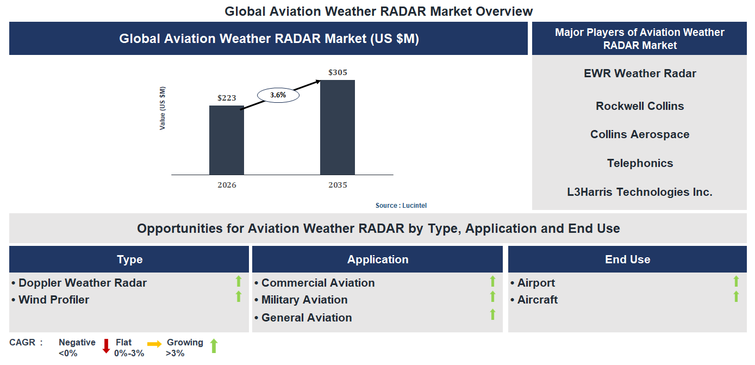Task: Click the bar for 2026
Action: click(x=226, y=140)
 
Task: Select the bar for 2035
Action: click(x=337, y=127)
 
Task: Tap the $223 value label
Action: click(x=227, y=98)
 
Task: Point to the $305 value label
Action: click(x=338, y=72)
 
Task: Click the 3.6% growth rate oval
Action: click(x=278, y=95)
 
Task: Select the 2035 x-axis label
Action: click(x=338, y=185)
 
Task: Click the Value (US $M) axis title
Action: click(x=163, y=108)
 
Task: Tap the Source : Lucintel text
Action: click(x=404, y=206)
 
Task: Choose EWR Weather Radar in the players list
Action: click(x=640, y=73)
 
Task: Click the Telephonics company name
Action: click(x=640, y=163)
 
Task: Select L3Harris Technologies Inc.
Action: click(x=640, y=192)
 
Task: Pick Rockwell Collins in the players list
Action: click(x=640, y=106)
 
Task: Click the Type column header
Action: click(x=129, y=259)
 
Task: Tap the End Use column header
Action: click(x=627, y=259)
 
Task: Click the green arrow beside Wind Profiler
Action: click(x=238, y=296)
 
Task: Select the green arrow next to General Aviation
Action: click(x=492, y=314)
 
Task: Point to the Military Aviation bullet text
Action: click(x=304, y=300)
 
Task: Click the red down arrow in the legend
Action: click(x=106, y=346)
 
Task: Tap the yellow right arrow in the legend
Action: click(x=154, y=344)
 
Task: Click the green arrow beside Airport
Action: click(x=736, y=281)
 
